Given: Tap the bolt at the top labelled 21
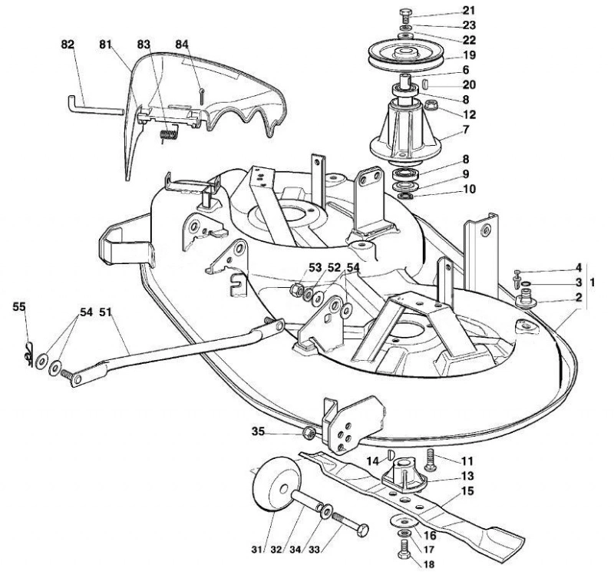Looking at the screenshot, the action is coord(405,15).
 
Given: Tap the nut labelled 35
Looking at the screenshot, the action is coord(309,433).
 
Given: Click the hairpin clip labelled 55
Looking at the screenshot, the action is coord(28,354).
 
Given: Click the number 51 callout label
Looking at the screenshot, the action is coord(105,312).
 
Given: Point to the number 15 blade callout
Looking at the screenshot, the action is coord(467,490).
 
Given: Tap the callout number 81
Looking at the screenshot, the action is coord(106,45).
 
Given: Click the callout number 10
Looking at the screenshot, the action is coord(469,189).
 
